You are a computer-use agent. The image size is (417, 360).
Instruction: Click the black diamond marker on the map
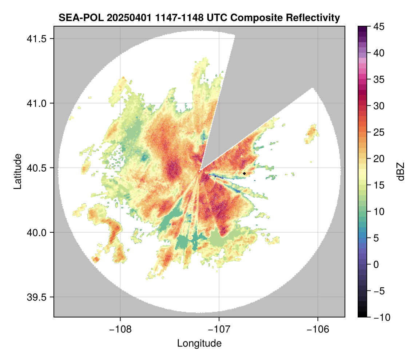pyautogui.click(x=244, y=173)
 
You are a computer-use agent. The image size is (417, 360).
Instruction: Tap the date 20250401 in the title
pyautogui.click(x=124, y=17)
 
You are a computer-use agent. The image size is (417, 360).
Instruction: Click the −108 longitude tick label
pyautogui.click(x=120, y=329)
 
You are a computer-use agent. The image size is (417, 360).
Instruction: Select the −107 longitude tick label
pyautogui.click(x=219, y=329)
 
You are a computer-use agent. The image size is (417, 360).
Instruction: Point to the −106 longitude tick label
pyautogui.click(x=318, y=329)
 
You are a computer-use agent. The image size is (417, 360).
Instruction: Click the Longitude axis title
pyautogui.click(x=199, y=343)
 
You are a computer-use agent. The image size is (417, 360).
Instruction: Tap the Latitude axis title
pyautogui.click(x=17, y=171)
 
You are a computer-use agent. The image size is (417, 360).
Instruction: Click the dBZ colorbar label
pyautogui.click(x=401, y=171)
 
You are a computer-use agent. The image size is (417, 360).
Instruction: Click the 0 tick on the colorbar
pyautogui.click(x=376, y=264)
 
